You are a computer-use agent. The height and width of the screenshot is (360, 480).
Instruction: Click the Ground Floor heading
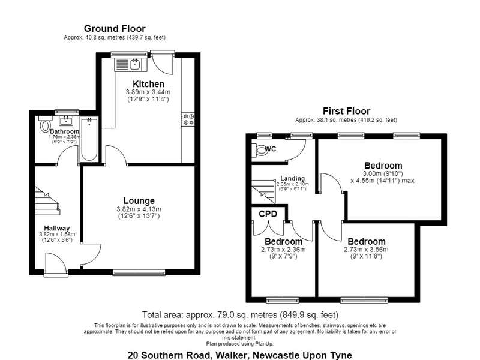115,28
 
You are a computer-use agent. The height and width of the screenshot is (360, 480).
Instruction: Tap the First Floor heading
346,111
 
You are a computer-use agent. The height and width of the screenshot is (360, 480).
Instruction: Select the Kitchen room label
148,84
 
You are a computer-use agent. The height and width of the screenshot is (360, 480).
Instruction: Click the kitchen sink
134,64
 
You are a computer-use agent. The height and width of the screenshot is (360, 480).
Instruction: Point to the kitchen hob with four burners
188,119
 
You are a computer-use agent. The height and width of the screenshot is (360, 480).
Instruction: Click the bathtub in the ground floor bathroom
89,140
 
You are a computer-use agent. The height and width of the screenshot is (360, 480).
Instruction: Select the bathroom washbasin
66,121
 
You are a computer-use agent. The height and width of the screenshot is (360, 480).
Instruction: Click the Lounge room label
139,201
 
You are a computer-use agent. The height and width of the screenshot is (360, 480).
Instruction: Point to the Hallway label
56,228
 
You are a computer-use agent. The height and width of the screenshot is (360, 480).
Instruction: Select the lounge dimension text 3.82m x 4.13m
139,209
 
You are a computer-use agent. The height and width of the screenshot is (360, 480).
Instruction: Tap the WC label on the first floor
271,149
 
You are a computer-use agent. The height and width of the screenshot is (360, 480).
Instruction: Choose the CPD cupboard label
268,214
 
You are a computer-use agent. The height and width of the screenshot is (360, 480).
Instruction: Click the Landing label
293,178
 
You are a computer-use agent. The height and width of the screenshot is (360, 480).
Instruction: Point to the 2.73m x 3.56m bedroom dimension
366,250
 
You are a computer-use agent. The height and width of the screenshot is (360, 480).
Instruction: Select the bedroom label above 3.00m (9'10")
383,166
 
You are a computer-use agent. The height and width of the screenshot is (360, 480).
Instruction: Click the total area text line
241,314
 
